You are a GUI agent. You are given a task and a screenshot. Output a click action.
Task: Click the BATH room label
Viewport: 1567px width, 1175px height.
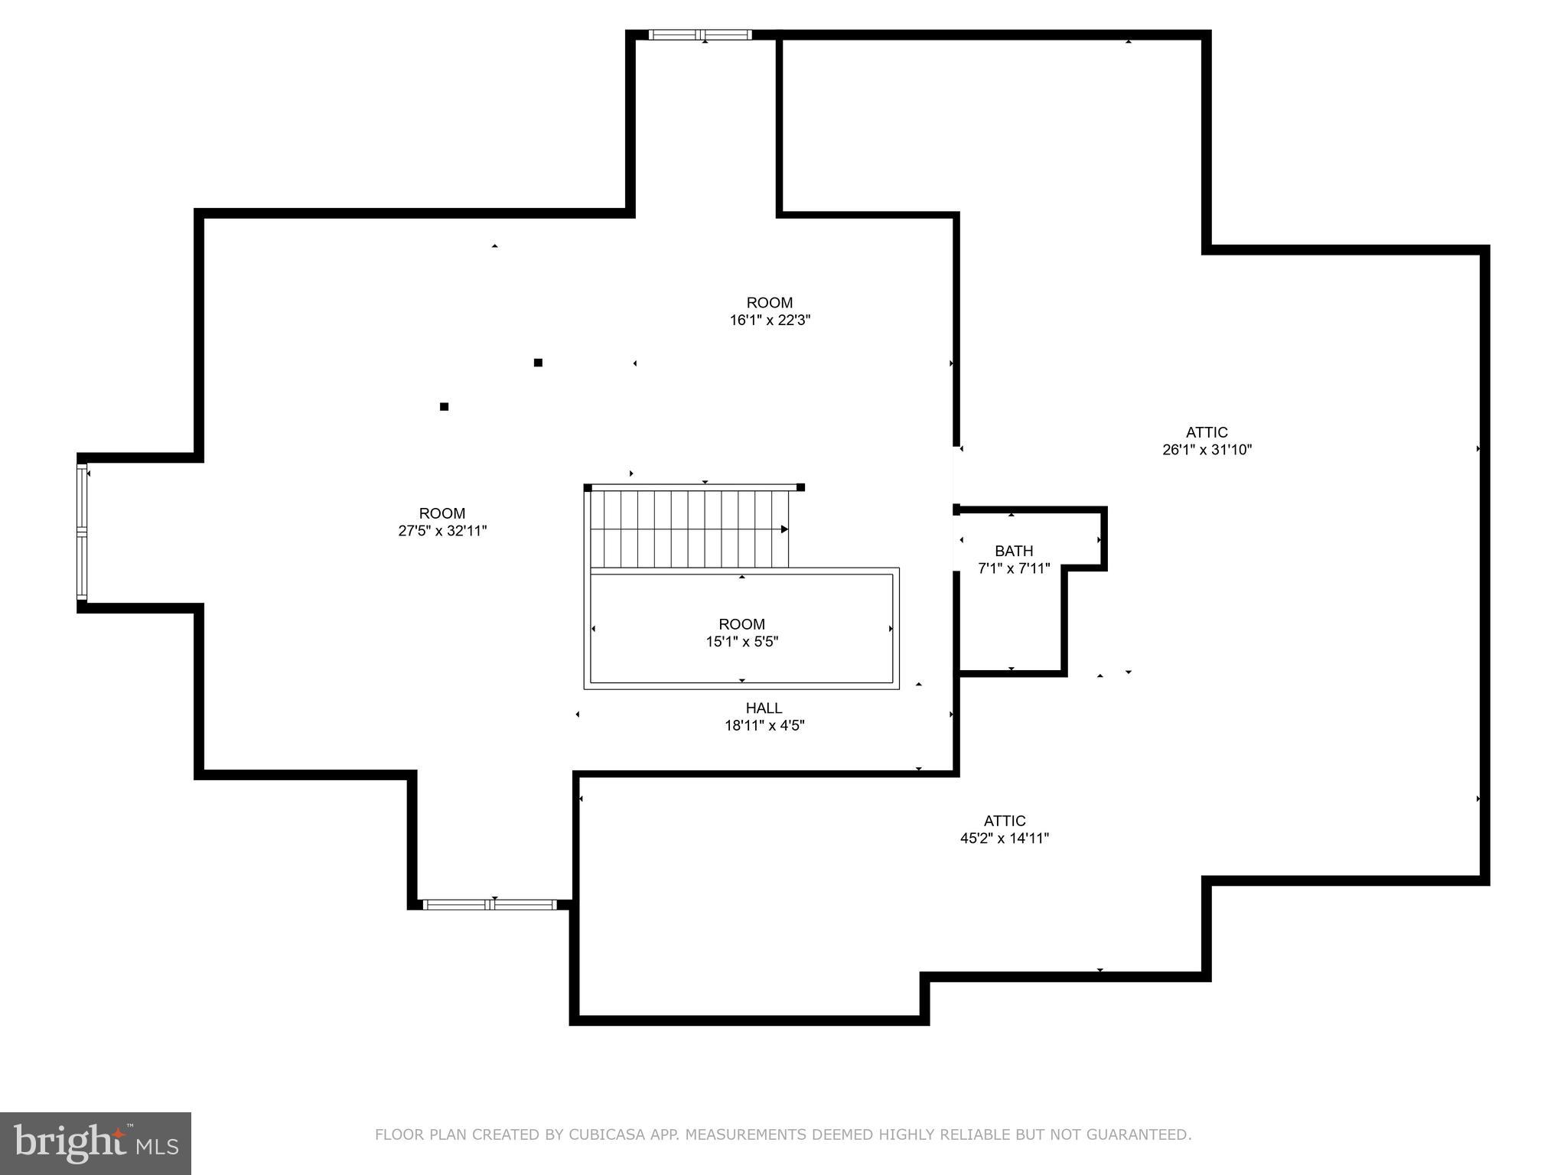click(x=1014, y=551)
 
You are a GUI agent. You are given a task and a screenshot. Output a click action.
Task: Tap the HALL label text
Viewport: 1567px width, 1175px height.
click(x=764, y=708)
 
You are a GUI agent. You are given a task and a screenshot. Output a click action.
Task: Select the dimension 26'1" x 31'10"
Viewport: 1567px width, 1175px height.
click(x=1207, y=450)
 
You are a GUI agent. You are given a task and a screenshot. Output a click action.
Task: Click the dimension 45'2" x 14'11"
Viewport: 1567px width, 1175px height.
click(x=1004, y=838)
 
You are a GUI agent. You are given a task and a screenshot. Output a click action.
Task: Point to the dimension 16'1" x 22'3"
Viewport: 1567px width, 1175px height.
click(x=769, y=321)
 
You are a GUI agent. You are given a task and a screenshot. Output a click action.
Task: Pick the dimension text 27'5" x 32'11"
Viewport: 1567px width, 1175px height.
click(x=442, y=531)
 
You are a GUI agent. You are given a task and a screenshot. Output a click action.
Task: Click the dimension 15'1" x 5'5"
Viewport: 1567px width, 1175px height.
click(x=741, y=642)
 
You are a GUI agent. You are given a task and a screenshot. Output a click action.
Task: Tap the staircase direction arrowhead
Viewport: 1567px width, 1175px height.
click(x=784, y=529)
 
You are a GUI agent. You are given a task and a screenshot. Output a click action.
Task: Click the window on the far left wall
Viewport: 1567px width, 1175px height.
click(x=82, y=532)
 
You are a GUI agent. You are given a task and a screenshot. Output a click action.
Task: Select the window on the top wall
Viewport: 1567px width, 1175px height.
click(x=700, y=34)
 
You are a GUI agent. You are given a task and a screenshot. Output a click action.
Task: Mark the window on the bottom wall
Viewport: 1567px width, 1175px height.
click(x=490, y=904)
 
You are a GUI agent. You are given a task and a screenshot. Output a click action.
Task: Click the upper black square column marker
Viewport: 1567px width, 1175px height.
click(x=538, y=363)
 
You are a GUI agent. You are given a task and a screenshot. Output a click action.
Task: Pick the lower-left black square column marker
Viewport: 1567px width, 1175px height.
click(x=444, y=407)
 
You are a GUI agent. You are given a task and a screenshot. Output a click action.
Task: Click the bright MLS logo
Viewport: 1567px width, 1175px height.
click(x=96, y=1144)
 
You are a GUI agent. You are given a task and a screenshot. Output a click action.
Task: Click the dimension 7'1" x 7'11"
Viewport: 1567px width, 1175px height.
click(x=1014, y=568)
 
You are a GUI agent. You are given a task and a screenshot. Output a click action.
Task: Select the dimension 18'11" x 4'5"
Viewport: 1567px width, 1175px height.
click(x=764, y=726)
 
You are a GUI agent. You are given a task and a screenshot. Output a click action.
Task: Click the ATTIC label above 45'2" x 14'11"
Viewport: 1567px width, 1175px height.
click(x=1004, y=821)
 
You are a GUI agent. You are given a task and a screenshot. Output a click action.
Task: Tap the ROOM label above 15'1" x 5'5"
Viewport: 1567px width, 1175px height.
click(x=741, y=624)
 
